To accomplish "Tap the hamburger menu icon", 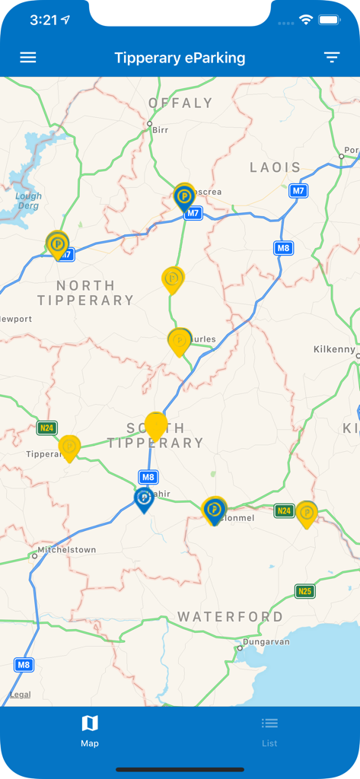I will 27,58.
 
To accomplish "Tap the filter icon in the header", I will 332,58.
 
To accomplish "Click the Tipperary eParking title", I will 180,58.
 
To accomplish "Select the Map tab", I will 90,730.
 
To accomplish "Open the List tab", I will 269,730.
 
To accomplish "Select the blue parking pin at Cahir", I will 144,499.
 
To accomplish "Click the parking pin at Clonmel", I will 215,510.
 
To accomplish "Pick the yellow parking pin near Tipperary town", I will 69,447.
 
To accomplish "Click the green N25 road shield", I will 305,591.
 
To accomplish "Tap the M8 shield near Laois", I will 284,248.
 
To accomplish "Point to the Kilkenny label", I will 334,349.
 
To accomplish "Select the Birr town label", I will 160,130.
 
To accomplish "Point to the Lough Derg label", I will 29,201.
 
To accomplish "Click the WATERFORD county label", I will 230,616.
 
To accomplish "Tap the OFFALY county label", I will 180,103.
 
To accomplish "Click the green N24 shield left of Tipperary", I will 47,428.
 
